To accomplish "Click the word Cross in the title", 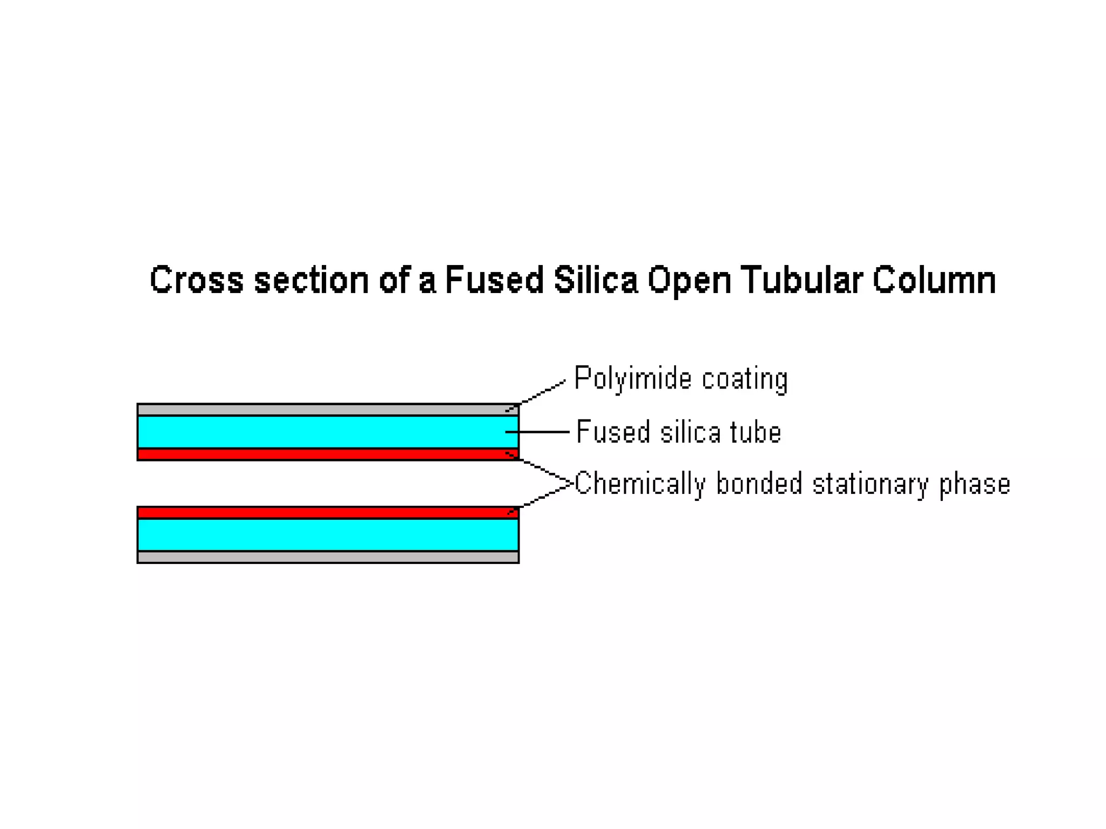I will point(196,280).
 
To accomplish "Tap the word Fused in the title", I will point(494,280).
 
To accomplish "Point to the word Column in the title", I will point(934,280).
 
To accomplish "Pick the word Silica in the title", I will point(596,280).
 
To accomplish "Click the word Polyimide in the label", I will point(632,379).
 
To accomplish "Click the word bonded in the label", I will point(759,483).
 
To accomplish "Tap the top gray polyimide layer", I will point(324,410).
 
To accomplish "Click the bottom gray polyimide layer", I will point(324,557).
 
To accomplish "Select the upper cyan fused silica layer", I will point(324,432).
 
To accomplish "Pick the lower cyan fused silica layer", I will point(324,535).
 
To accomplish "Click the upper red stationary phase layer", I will point(324,454).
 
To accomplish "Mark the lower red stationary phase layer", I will point(324,513).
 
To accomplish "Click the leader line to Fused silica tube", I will point(540,432).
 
